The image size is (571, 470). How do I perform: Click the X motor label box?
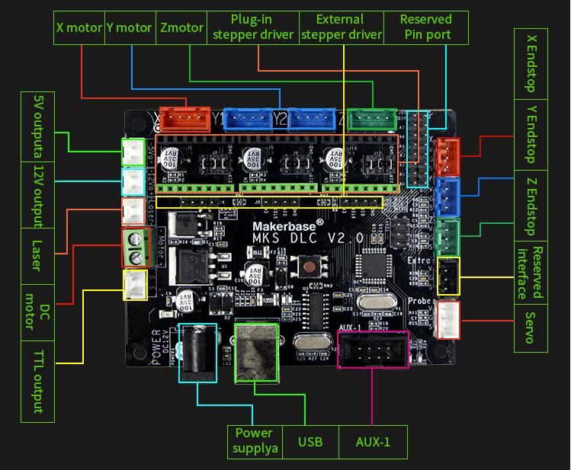coord(79,27)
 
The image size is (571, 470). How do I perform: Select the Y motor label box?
coord(130,27)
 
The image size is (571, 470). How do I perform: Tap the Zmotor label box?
coord(182,27)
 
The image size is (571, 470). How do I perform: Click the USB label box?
coord(310,442)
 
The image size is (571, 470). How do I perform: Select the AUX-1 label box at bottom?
coord(373,442)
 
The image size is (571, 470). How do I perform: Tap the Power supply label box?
coord(254,442)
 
